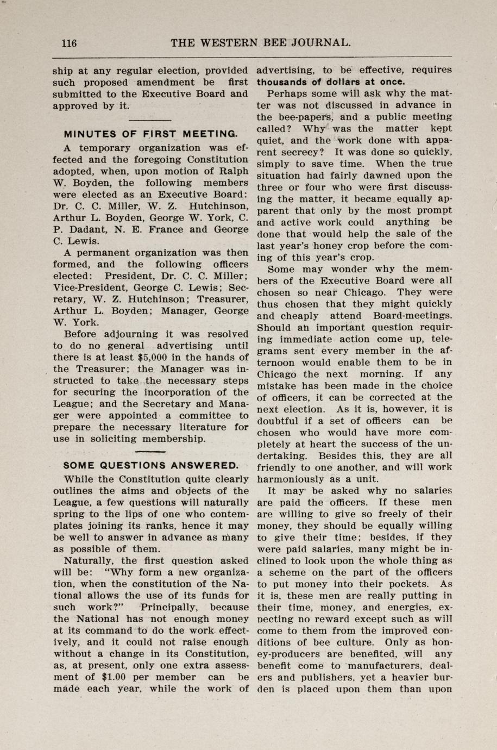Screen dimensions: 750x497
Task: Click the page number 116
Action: (69, 43)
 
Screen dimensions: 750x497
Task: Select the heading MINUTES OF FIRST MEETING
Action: (151, 134)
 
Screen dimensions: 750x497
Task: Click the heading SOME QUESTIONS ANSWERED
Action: (151, 466)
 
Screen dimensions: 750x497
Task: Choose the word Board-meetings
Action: (413, 316)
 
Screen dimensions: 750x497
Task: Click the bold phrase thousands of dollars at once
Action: (331, 82)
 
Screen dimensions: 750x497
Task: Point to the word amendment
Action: (169, 83)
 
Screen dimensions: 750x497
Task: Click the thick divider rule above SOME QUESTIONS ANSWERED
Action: (150, 452)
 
